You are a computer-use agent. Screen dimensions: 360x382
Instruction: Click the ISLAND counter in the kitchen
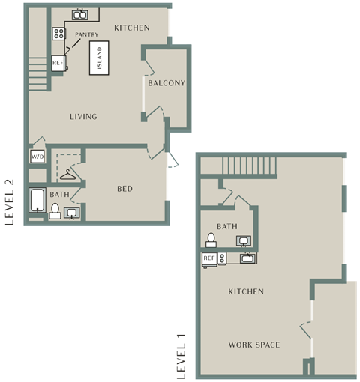point(99,58)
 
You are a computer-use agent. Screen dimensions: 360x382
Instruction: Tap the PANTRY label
point(87,34)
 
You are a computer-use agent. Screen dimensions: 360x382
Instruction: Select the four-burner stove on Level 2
point(59,34)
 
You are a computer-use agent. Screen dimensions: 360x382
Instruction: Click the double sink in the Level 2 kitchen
point(80,15)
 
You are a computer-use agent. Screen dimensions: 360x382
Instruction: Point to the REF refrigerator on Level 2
point(58,63)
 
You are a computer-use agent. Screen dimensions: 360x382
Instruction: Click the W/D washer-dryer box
point(37,157)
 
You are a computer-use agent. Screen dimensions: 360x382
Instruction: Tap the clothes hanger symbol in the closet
point(67,175)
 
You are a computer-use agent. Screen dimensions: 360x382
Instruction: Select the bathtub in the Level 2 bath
point(37,200)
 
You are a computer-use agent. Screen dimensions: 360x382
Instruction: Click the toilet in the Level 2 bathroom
point(55,211)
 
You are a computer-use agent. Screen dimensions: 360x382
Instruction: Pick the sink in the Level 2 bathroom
point(72,213)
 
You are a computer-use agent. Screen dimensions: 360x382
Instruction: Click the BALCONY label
point(166,83)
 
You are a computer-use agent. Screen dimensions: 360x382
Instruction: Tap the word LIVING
point(83,117)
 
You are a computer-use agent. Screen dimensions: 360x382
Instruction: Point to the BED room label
point(124,189)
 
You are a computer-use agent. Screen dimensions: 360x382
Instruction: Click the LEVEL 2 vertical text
point(10,202)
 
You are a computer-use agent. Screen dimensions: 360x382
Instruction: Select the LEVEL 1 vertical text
point(181,357)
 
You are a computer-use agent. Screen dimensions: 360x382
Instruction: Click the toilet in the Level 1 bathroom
point(211,240)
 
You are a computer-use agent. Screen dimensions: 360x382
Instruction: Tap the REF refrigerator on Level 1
point(209,260)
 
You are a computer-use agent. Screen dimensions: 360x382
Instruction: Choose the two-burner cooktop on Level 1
point(222,258)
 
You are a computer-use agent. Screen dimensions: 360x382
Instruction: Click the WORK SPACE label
point(254,345)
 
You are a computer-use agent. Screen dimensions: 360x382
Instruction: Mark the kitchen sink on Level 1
point(248,258)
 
